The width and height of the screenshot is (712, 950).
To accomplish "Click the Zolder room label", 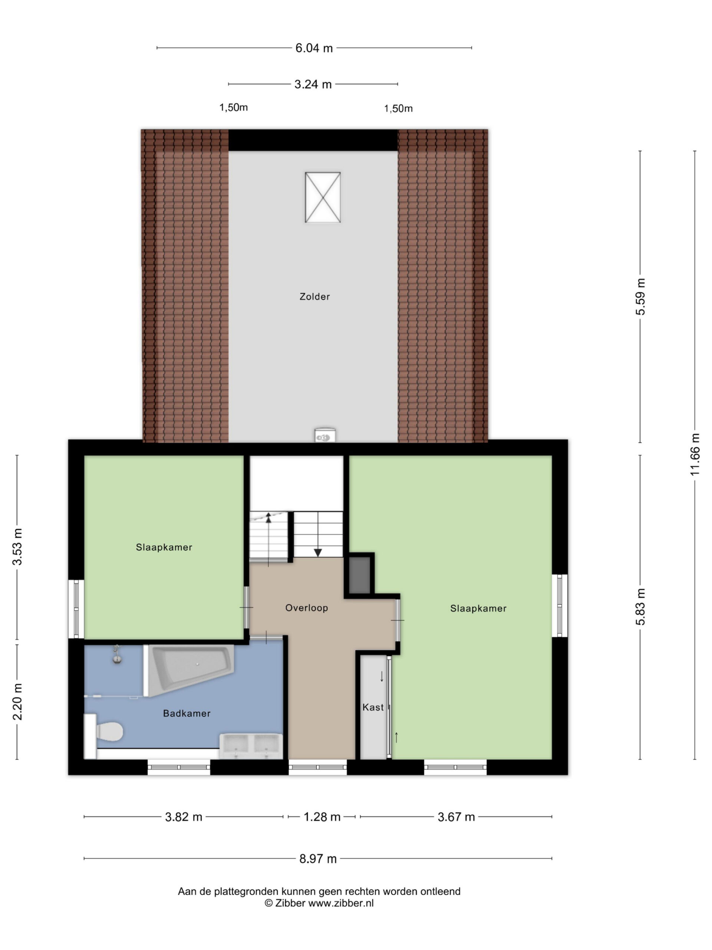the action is pyautogui.click(x=314, y=297).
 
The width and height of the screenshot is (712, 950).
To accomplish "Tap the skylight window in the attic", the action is pyautogui.click(x=323, y=197).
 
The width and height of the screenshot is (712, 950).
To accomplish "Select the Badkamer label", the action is pyautogui.click(x=187, y=713).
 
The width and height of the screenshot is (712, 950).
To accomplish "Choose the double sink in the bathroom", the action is pyautogui.click(x=251, y=746).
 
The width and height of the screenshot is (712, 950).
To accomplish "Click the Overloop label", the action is pyautogui.click(x=306, y=608).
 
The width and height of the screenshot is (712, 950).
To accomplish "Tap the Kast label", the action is pyautogui.click(x=373, y=707).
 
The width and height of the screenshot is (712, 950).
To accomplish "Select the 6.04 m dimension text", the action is pyautogui.click(x=314, y=48).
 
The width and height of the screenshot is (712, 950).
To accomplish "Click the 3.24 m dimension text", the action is pyautogui.click(x=313, y=84).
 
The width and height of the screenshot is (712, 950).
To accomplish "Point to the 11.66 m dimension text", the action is pyautogui.click(x=695, y=454).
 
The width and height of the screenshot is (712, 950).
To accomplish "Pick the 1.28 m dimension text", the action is pyautogui.click(x=322, y=817).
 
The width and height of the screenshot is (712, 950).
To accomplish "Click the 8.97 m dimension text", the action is pyautogui.click(x=318, y=859).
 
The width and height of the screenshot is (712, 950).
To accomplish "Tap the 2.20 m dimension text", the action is pyautogui.click(x=17, y=702).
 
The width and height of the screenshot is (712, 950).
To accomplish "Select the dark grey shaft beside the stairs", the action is pyautogui.click(x=360, y=576).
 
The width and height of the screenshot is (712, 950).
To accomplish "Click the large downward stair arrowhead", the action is pyautogui.click(x=317, y=553).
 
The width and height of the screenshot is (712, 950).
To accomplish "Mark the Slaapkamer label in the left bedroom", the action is pyautogui.click(x=164, y=547).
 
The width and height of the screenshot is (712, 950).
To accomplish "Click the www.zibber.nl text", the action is pyautogui.click(x=341, y=903).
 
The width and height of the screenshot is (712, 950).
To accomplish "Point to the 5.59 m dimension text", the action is pyautogui.click(x=640, y=297).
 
